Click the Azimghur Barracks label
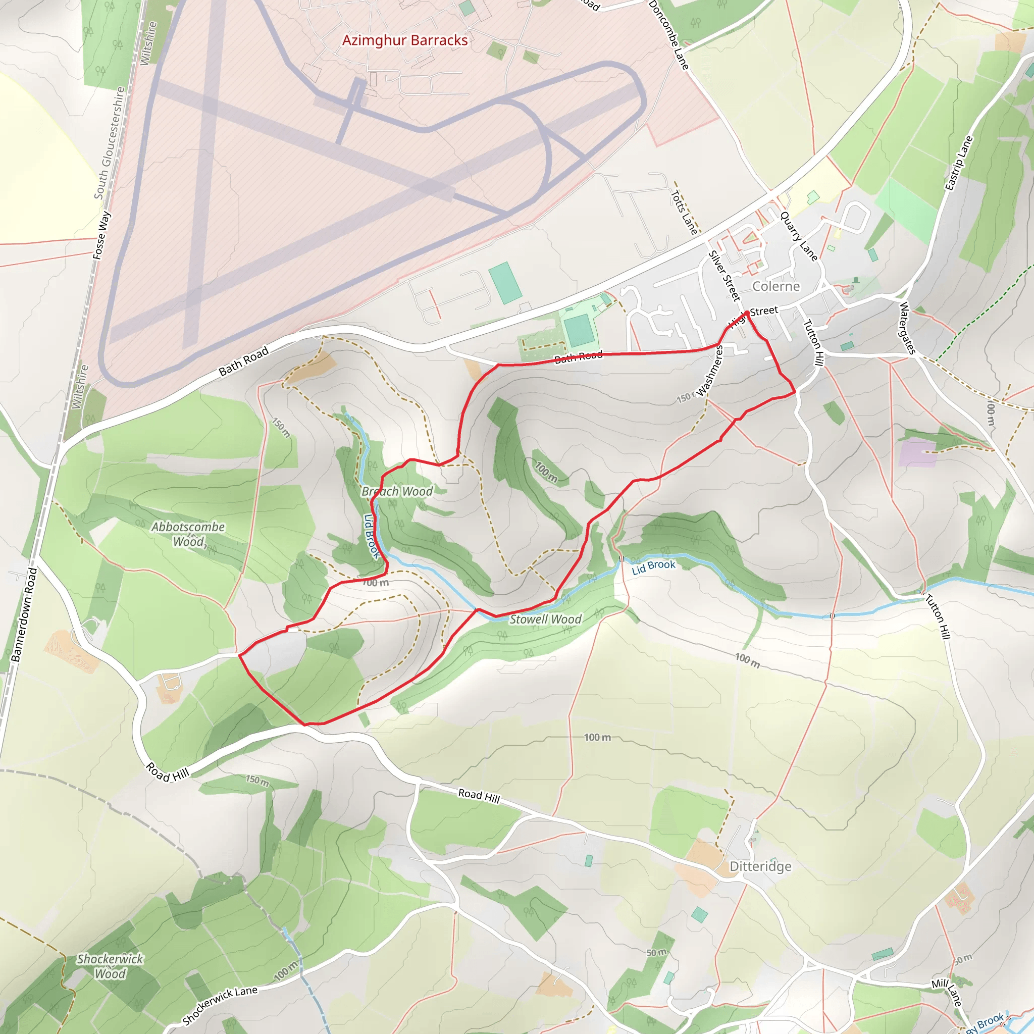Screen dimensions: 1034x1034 pyautogui.click(x=404, y=41)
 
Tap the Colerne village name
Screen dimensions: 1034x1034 pyautogui.click(x=775, y=286)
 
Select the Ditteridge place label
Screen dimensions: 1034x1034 pyautogui.click(x=760, y=866)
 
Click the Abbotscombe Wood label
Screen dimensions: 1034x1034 pyautogui.click(x=188, y=534)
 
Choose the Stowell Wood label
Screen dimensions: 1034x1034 pyautogui.click(x=545, y=619)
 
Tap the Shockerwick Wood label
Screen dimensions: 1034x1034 pyautogui.click(x=110, y=966)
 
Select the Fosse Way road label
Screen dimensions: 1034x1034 pyautogui.click(x=101, y=235)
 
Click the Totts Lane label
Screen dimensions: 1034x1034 pyautogui.click(x=685, y=213)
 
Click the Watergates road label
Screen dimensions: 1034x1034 pyautogui.click(x=907, y=328)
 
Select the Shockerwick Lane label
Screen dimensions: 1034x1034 pyautogui.click(x=220, y=1005)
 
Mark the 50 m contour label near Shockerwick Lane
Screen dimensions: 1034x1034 pyautogui.click(x=656, y=953)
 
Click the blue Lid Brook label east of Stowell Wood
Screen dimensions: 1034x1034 pyautogui.click(x=653, y=567)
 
